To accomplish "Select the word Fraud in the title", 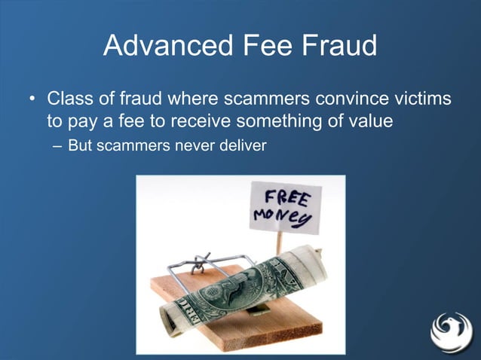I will [339, 47].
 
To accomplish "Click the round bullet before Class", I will [32, 100].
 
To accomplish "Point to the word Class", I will [70, 99].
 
